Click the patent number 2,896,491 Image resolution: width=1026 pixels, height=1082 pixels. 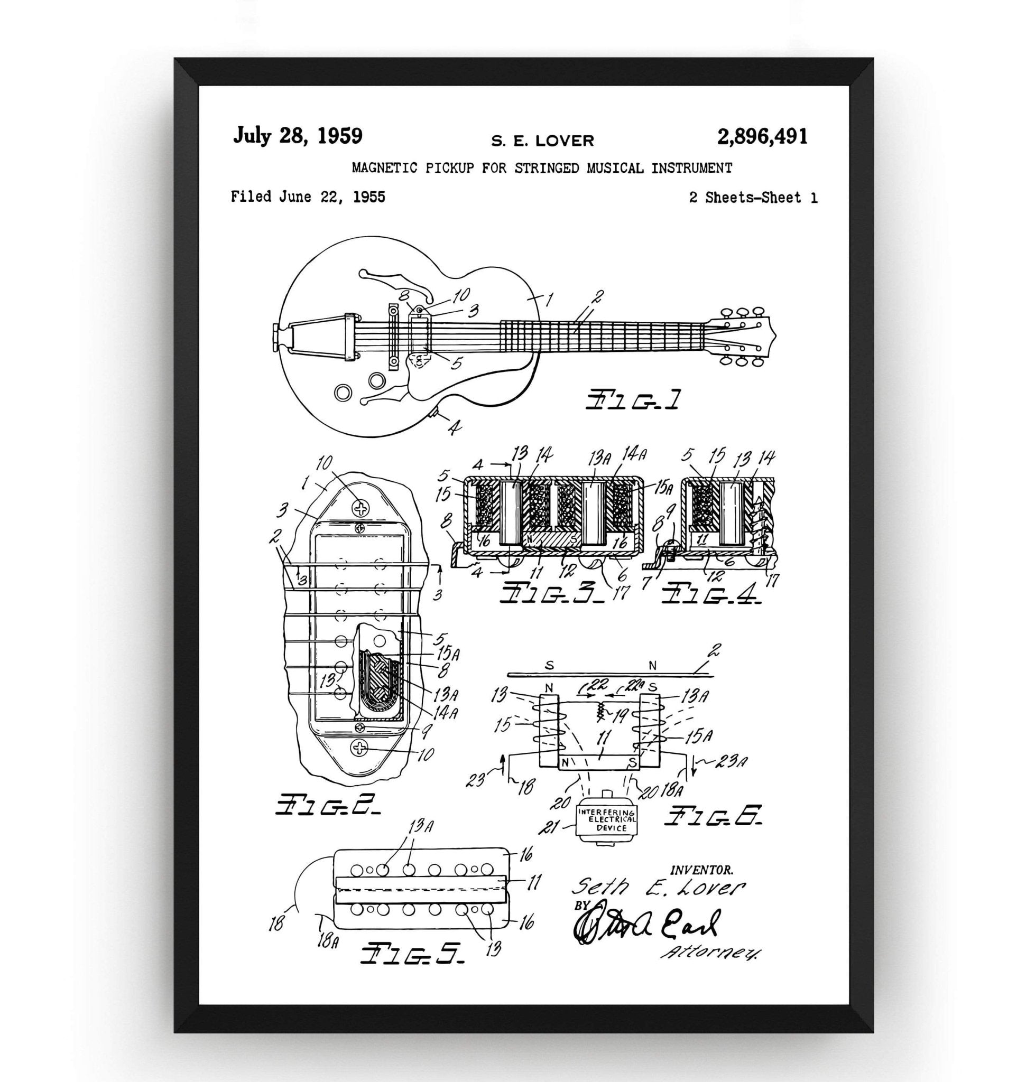[762, 137]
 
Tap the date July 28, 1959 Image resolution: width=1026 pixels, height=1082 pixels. [298, 136]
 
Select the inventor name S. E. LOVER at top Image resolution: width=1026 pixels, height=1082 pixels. [542, 141]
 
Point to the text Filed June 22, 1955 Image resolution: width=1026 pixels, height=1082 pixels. [308, 197]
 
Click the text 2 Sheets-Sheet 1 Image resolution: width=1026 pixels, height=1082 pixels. [753, 198]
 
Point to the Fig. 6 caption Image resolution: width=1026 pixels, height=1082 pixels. [713, 816]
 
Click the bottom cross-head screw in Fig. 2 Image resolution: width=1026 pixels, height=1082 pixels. [360, 748]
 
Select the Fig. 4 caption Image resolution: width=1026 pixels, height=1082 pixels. [710, 594]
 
